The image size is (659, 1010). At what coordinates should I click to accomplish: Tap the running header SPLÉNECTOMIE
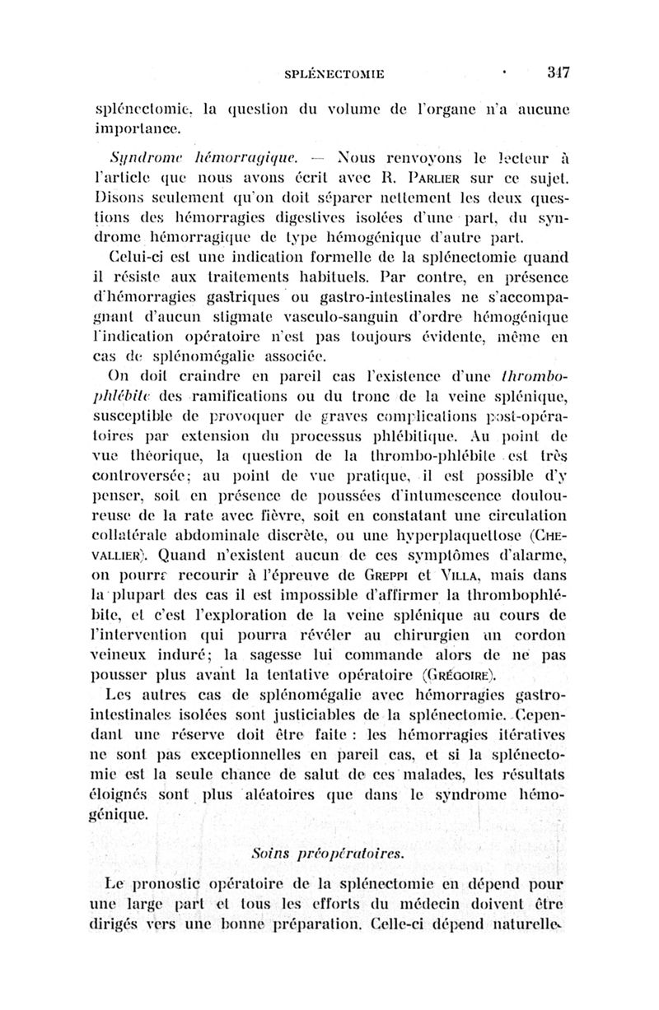(x=334, y=74)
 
